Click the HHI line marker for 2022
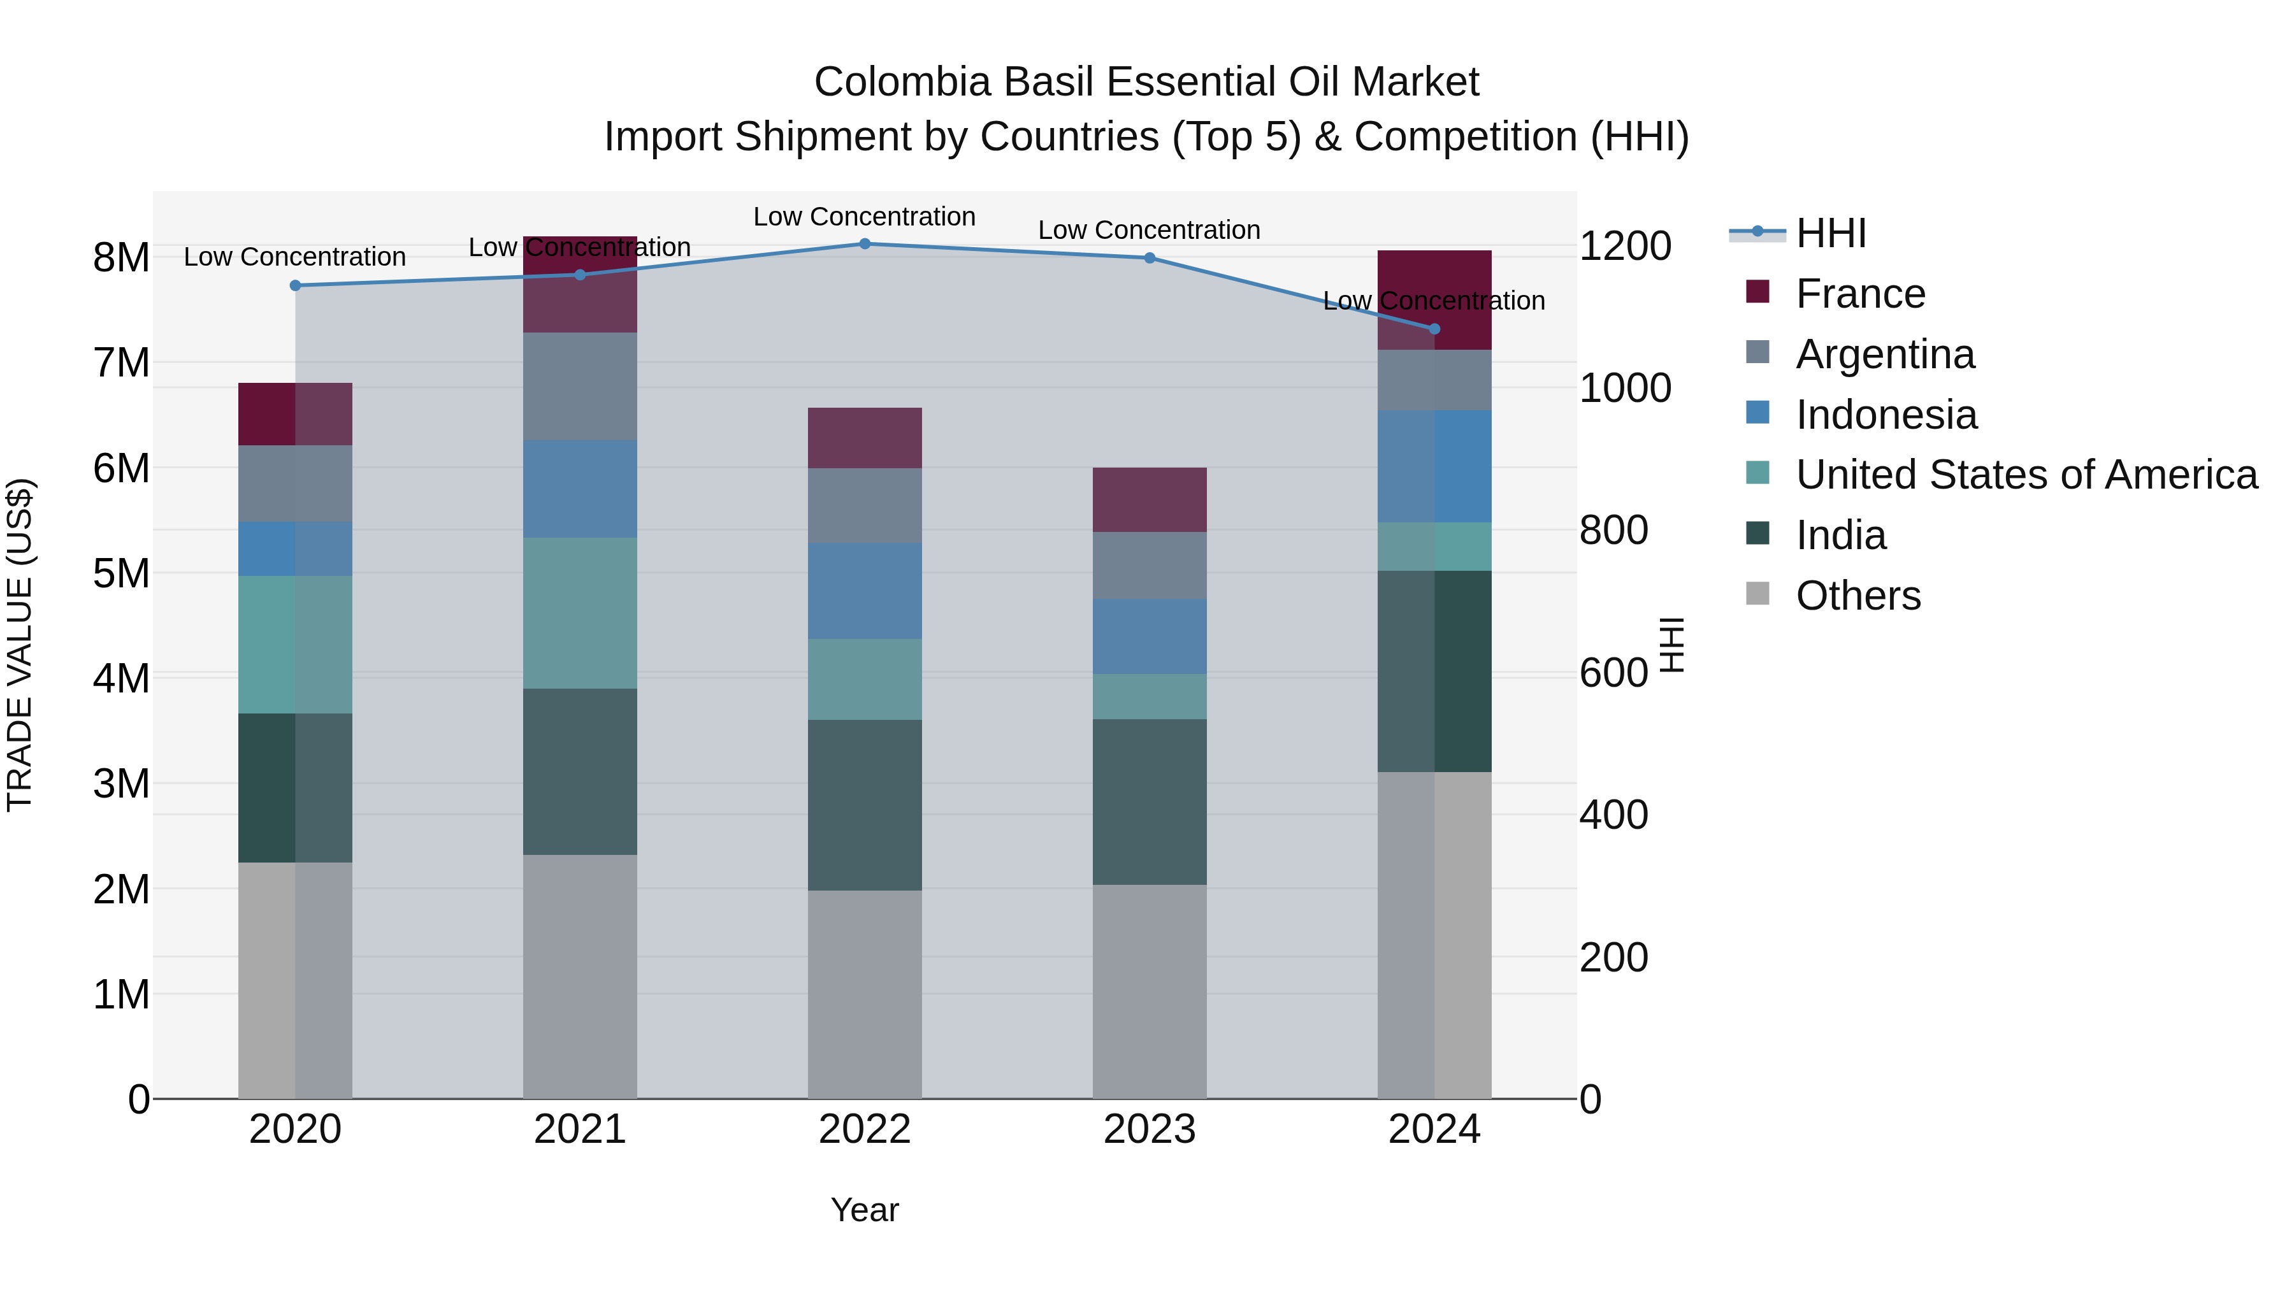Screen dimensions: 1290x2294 click(x=865, y=244)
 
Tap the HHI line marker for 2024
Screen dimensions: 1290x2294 click(x=1434, y=329)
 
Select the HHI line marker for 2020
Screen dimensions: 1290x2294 click(x=296, y=286)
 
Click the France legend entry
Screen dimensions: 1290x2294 click(x=1860, y=294)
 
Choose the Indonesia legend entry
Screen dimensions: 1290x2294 click(x=1886, y=415)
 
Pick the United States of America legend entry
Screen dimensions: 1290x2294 click(x=2026, y=475)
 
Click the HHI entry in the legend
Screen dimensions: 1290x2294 click(x=1830, y=233)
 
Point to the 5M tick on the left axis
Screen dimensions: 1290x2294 click(x=121, y=573)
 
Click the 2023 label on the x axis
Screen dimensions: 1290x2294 click(x=1149, y=1129)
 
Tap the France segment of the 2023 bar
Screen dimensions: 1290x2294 click(x=1149, y=499)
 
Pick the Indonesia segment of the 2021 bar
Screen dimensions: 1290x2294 click(x=580, y=489)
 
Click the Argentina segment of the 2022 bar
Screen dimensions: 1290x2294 click(x=865, y=506)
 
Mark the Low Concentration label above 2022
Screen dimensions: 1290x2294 click(x=865, y=217)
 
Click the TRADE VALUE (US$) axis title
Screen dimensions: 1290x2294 click(x=20, y=645)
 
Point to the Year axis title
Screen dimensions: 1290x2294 click(x=865, y=1210)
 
